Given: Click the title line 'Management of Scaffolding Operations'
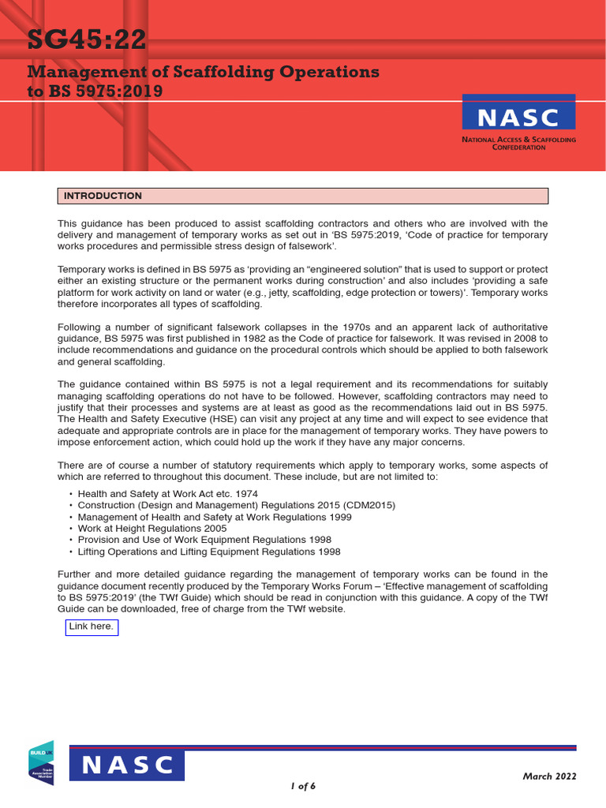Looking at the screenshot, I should click(203, 72).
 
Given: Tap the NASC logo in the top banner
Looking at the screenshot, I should click(518, 117).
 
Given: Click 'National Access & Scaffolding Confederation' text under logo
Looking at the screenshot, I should click(518, 143).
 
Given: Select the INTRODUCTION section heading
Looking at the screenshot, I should click(103, 196).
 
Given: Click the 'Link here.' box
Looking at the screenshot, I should click(92, 627).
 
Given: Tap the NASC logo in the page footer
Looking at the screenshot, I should click(127, 765).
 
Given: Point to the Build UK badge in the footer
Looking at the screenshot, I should click(41, 763).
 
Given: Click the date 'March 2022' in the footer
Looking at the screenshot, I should click(549, 776).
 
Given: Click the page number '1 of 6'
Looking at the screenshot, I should click(303, 786).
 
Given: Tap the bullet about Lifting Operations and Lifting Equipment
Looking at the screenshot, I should click(209, 552).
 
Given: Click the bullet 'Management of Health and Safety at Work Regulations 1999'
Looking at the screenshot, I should click(214, 517).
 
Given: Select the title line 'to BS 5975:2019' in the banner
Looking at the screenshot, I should click(95, 91).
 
